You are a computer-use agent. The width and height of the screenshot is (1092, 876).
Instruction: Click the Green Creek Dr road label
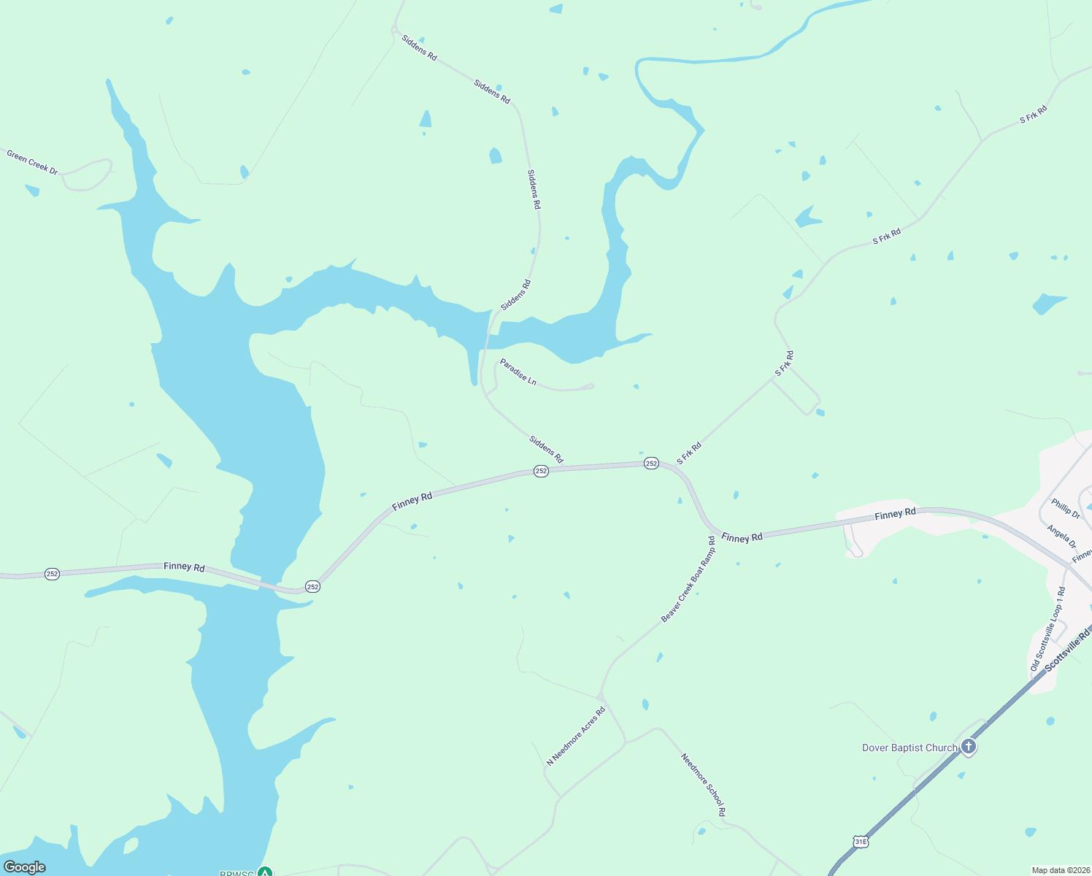[x=32, y=162]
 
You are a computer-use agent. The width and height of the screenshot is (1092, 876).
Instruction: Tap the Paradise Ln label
[x=518, y=372]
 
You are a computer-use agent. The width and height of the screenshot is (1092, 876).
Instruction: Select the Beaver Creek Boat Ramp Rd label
[x=688, y=580]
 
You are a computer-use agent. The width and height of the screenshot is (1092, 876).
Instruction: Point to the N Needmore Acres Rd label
[x=576, y=736]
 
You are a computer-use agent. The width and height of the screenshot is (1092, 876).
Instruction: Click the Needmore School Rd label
[x=704, y=785]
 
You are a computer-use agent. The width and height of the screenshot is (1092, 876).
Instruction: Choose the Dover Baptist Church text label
[x=909, y=748]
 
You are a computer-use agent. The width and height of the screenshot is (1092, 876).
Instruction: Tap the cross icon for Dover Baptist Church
[x=969, y=746]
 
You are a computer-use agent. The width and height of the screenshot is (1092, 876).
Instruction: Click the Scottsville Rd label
[x=1066, y=651]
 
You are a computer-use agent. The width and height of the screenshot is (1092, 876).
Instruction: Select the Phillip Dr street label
[x=1066, y=508]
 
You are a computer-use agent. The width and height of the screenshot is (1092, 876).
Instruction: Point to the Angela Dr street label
[x=1061, y=537]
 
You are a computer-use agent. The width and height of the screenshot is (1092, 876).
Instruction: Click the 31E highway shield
[x=861, y=842]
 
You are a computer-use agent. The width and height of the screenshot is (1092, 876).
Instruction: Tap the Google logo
[x=25, y=867]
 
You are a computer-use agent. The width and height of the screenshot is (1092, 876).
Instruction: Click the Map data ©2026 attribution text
[x=1060, y=870]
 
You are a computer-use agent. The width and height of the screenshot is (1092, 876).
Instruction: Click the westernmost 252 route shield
[x=52, y=574]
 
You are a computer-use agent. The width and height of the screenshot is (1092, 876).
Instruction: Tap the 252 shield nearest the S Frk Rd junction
[x=651, y=464]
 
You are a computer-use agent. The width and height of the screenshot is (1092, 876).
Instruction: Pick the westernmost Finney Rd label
[x=184, y=566]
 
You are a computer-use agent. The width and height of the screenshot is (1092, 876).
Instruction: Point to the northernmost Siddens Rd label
[x=419, y=47]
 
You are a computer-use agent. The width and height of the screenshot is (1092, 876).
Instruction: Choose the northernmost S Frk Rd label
[x=1033, y=114]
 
